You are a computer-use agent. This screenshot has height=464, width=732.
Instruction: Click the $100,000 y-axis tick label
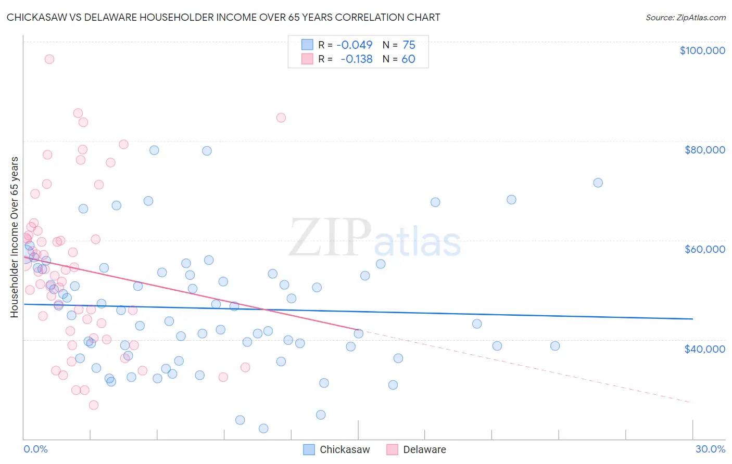coord(702,50)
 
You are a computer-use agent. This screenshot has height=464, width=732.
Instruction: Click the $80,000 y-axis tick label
coord(704,150)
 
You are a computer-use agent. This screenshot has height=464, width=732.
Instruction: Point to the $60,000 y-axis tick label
coord(704,249)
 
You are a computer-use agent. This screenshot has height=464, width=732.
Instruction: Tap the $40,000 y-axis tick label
coord(704,349)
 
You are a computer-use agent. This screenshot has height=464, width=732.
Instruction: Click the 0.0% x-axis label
coord(35,449)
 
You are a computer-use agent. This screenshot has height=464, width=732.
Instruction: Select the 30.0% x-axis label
coord(710,449)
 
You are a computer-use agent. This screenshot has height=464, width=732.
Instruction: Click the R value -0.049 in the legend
coord(354,45)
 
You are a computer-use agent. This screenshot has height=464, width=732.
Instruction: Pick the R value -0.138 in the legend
coord(356,59)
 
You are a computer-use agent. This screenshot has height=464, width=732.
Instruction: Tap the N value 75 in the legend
coord(409,45)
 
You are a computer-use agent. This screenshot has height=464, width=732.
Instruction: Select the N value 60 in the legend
coord(408,59)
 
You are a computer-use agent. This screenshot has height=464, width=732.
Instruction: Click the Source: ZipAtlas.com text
coord(685,18)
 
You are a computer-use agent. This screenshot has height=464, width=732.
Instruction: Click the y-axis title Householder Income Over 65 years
coord(15,237)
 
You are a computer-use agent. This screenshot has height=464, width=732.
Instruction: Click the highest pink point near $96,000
coord(49,59)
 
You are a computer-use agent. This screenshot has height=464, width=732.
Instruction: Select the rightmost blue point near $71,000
coord(598,183)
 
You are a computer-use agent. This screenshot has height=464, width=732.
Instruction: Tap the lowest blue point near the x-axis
coord(263,429)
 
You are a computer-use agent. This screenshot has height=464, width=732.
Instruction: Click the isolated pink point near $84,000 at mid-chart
coord(281,118)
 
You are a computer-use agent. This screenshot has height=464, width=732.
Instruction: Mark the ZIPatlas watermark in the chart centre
coord(375,238)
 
